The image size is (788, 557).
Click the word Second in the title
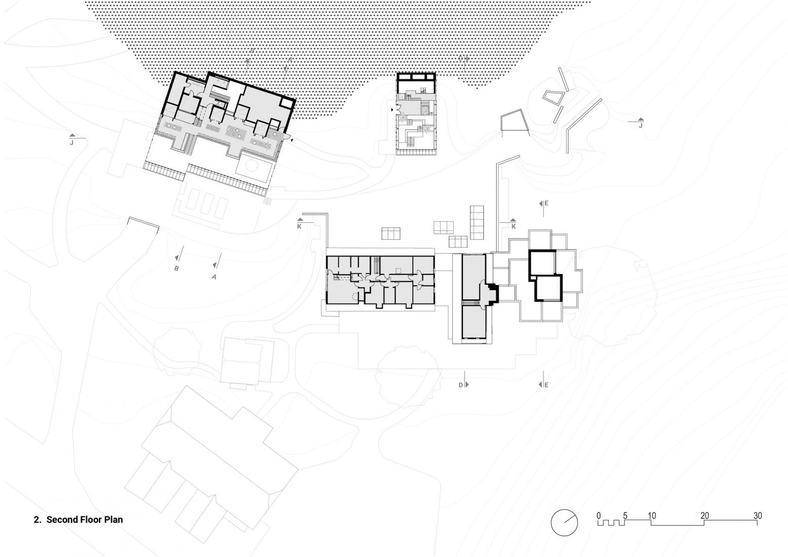[x=62, y=520]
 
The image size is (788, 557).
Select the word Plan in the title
[x=113, y=520]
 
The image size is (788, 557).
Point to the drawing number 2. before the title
[x=37, y=520]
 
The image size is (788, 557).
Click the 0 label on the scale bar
[x=599, y=516]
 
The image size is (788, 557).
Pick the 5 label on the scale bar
[x=625, y=516]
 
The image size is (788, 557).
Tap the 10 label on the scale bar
[x=652, y=516]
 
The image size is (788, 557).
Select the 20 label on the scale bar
[x=704, y=516]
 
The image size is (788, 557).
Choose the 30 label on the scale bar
[x=758, y=516]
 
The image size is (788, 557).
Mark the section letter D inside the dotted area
[x=461, y=59]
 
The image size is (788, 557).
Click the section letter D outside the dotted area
[x=461, y=385]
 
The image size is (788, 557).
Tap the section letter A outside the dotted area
[x=214, y=277]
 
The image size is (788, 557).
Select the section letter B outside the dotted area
[x=177, y=268]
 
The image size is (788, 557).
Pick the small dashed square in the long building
[x=398, y=271]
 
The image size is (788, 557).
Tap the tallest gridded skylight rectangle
[x=477, y=223]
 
